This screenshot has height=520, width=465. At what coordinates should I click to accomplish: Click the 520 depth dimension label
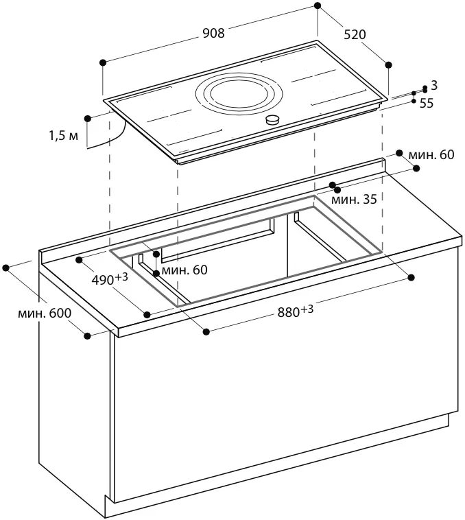point(354,34)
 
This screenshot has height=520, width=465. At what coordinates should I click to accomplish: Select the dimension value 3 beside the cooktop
point(433,85)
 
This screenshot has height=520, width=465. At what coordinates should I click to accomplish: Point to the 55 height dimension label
point(427,103)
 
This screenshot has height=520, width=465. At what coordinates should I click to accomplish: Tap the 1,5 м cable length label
point(63,136)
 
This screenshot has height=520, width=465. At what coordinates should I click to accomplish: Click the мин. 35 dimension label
point(354,200)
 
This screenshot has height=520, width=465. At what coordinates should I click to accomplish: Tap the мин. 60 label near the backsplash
point(431,155)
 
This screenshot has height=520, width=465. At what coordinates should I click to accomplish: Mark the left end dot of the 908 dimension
point(103,62)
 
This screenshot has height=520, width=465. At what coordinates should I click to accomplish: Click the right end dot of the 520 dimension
point(389,64)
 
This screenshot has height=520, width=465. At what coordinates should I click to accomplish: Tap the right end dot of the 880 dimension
point(412,277)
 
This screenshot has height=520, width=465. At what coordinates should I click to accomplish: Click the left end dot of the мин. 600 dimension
point(7,266)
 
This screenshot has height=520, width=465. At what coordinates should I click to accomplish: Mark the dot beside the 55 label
point(414,101)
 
